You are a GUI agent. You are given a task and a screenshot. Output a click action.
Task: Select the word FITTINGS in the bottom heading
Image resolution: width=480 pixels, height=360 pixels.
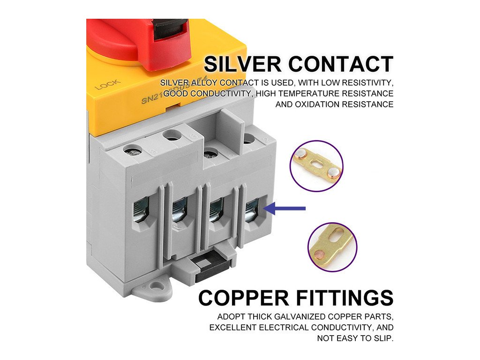[x=344, y=298]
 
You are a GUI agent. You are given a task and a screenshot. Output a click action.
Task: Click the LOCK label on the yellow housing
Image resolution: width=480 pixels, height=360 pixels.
[x=107, y=84]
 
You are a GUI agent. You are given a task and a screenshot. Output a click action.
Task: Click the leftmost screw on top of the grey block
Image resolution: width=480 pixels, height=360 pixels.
[x=133, y=151]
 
